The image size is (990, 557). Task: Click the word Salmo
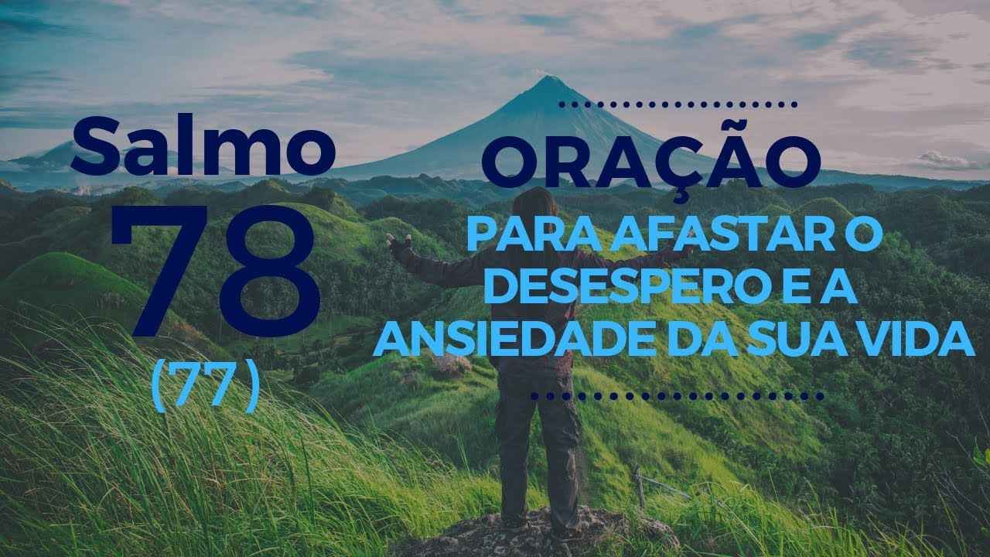[x=203, y=144]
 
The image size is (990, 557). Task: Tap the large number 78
[x=216, y=271]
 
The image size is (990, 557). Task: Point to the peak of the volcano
[x=548, y=77]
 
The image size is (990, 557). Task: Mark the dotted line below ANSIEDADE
[x=677, y=396]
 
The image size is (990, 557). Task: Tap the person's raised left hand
[x=398, y=242]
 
